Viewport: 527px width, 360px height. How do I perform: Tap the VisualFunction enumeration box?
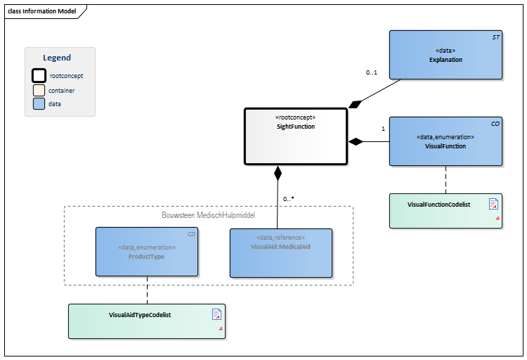pos(445,141)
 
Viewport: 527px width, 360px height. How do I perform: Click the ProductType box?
pos(146,252)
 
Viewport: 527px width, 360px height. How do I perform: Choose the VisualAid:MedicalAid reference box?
pos(280,252)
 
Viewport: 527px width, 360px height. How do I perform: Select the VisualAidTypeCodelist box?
pos(146,321)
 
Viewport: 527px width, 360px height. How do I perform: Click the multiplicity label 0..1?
pos(372,72)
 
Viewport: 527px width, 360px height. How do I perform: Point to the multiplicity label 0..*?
pos(288,199)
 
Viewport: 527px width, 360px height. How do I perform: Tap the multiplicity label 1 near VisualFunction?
pos(383,129)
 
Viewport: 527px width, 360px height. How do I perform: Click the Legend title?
pos(57,58)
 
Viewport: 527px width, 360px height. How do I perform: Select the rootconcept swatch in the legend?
pos(39,75)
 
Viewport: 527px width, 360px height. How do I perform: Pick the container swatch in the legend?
pos(39,90)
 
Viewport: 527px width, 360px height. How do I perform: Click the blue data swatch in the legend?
pos(39,103)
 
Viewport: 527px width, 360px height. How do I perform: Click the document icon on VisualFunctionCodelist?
pos(493,204)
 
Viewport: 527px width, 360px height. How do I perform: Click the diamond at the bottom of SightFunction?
pos(278,172)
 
